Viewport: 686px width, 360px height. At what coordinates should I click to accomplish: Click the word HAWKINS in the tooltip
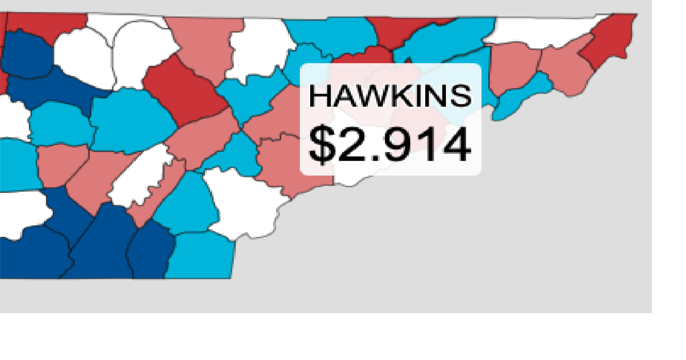pyautogui.click(x=389, y=96)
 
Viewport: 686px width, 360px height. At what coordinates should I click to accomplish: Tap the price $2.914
pyautogui.click(x=389, y=145)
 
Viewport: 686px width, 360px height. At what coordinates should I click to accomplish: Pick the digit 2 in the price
pyautogui.click(x=353, y=145)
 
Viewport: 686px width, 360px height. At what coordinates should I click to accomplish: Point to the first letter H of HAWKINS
pyautogui.click(x=318, y=96)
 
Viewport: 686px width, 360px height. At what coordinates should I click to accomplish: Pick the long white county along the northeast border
pyautogui.click(x=538, y=30)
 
